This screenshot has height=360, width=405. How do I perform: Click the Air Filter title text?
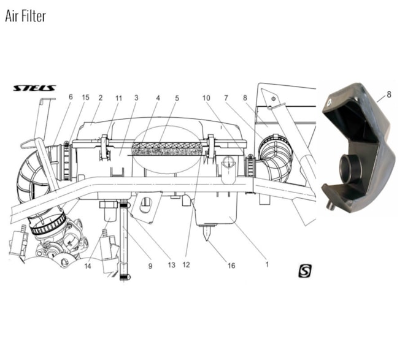(x=25, y=15)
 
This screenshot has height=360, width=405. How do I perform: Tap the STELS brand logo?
(x=34, y=88)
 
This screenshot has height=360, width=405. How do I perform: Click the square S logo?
(x=305, y=270)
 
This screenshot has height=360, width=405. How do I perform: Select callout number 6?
(x=71, y=98)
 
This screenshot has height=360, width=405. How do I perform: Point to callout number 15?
(x=85, y=98)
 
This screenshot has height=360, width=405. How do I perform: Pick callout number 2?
(x=100, y=98)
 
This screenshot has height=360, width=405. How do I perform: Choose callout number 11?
(x=118, y=98)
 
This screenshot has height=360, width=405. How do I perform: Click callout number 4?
(x=158, y=98)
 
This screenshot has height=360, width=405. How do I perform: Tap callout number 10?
(x=207, y=98)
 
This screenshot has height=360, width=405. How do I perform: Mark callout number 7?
(x=226, y=98)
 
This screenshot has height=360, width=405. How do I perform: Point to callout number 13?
(x=171, y=266)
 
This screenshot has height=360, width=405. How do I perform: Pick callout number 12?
(x=187, y=266)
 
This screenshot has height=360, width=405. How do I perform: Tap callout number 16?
(x=231, y=266)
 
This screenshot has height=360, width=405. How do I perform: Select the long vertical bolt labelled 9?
(x=124, y=239)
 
